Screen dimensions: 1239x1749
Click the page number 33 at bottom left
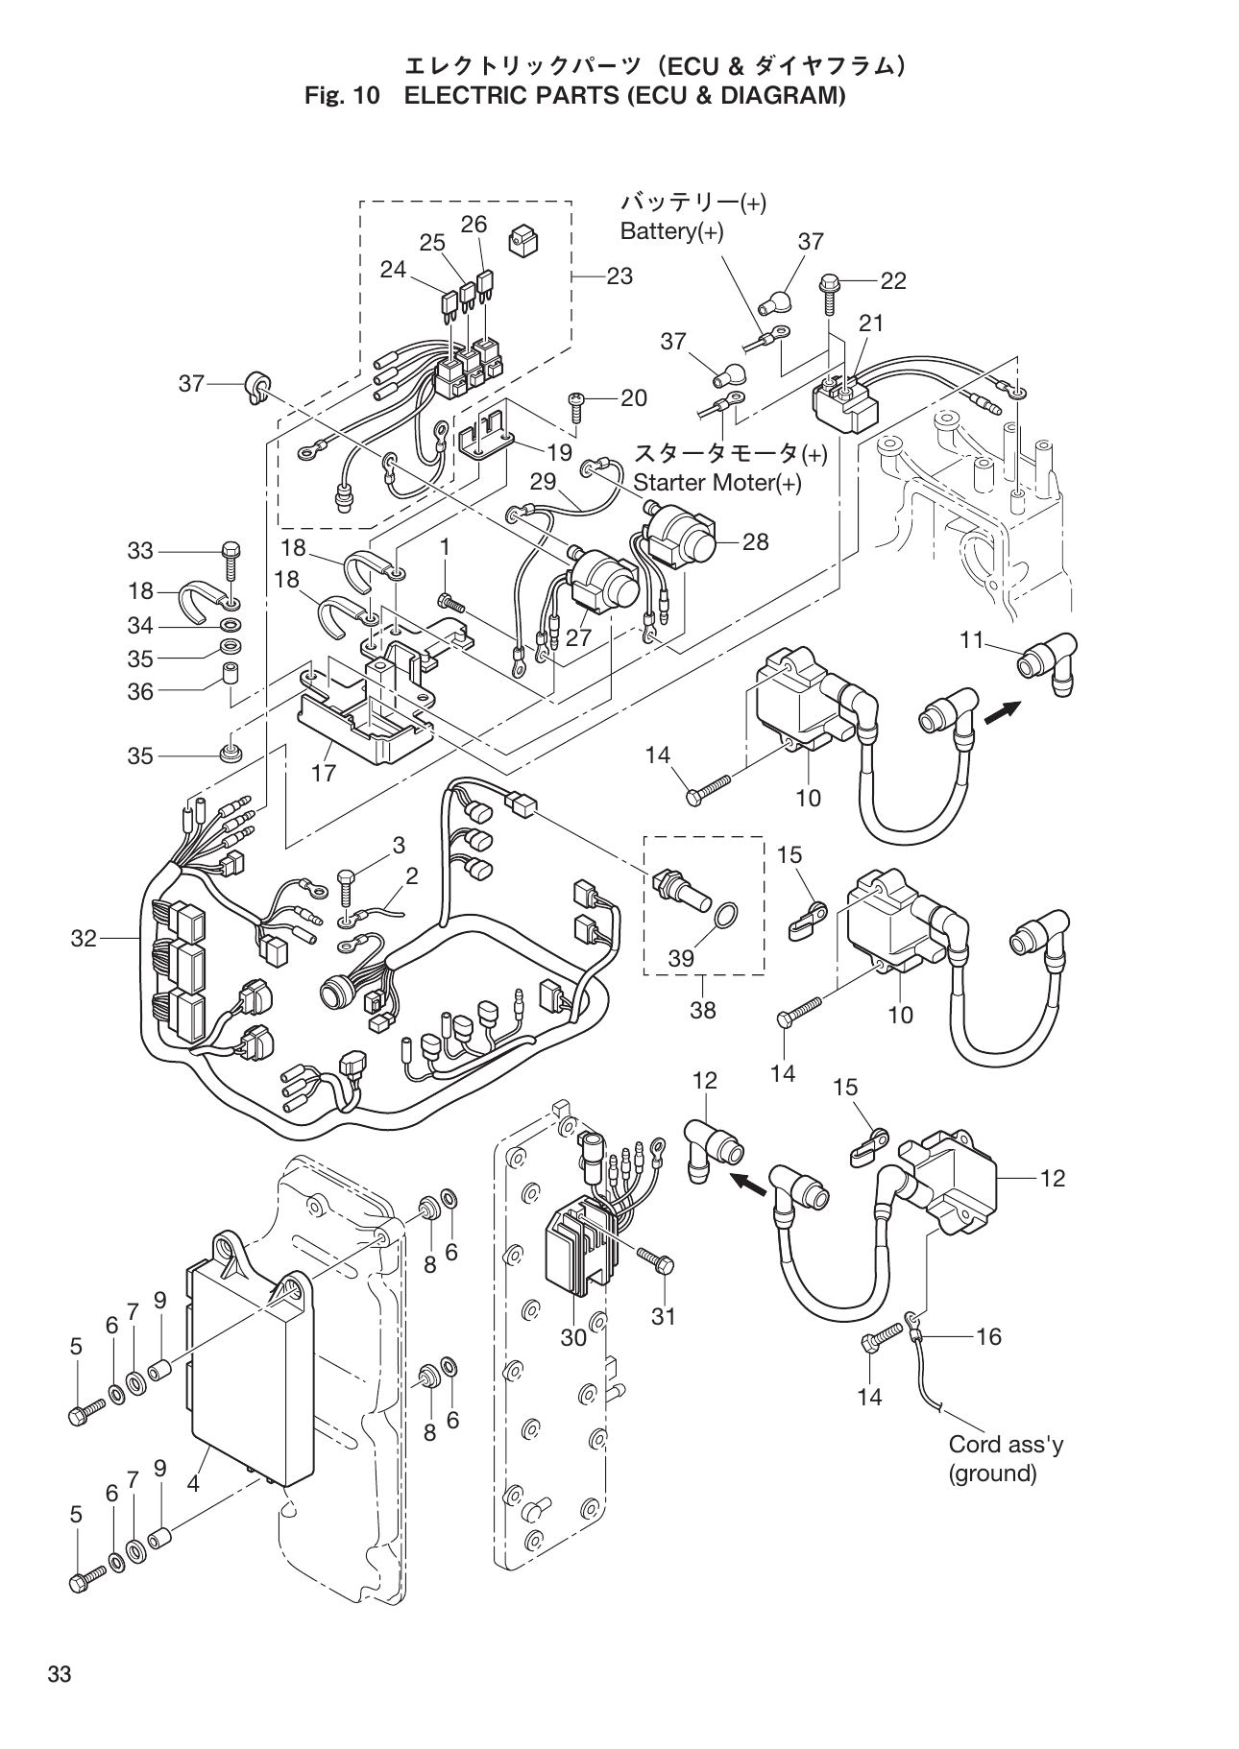click(60, 1675)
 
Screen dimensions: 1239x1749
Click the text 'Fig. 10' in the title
click(343, 96)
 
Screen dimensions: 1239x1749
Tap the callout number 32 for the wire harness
click(84, 939)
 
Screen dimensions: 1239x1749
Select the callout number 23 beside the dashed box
click(619, 276)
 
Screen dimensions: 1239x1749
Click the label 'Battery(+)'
click(671, 232)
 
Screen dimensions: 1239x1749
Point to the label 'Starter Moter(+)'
click(717, 483)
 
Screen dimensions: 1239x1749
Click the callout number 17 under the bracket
click(325, 773)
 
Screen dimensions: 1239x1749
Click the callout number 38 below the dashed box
click(703, 1010)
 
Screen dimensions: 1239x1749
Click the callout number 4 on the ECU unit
click(193, 1483)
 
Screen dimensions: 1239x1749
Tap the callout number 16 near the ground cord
click(988, 1336)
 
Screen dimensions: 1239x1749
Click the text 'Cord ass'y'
click(1005, 1444)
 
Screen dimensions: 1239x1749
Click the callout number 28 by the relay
click(756, 541)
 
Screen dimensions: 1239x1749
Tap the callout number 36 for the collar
click(140, 691)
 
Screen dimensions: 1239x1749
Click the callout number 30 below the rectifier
click(573, 1338)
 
